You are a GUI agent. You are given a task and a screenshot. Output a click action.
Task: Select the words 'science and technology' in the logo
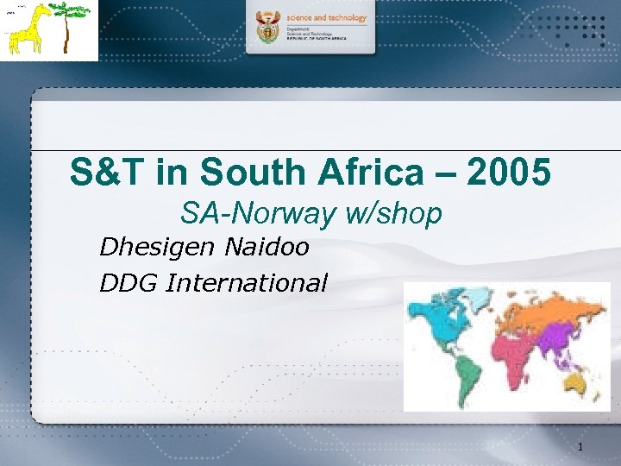coord(327,17)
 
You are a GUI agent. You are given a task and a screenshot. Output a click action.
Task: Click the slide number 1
coord(580,447)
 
